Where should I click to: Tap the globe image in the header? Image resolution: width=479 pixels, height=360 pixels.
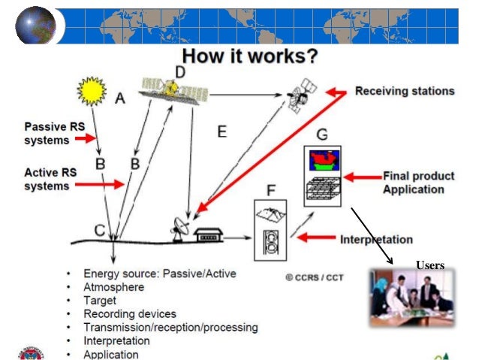coord(35,25)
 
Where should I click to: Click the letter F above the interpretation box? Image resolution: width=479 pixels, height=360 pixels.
coord(271,189)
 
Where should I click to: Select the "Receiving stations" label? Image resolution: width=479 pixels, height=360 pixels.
coord(404,91)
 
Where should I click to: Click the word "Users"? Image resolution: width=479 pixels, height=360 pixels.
coord(430,265)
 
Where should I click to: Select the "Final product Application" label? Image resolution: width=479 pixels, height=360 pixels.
coord(418,183)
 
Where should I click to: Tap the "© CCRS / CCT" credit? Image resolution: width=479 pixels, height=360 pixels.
coord(314,277)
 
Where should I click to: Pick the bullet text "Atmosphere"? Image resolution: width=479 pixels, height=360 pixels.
coord(113,286)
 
